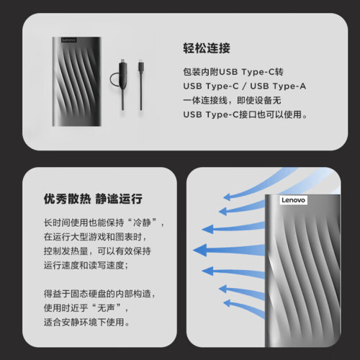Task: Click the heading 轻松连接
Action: point(207,48)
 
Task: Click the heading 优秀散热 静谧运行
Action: point(93,199)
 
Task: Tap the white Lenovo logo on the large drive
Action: point(293,200)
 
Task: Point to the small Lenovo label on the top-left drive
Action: point(69,40)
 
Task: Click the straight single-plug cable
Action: point(141,85)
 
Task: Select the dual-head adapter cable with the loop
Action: point(122,84)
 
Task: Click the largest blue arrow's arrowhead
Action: point(200,250)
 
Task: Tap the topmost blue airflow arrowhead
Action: point(227,197)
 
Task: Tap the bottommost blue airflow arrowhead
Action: point(227,303)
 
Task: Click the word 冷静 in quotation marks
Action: point(142,222)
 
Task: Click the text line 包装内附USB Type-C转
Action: point(233,72)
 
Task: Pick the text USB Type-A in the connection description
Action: point(278,86)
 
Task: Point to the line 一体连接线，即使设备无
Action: point(232,100)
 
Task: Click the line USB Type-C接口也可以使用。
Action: point(245,114)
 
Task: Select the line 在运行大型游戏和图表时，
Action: point(95,237)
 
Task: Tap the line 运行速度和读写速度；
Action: point(86,265)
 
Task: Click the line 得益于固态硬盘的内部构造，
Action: point(99,294)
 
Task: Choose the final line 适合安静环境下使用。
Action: point(86,322)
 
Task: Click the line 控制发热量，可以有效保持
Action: point(97,251)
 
